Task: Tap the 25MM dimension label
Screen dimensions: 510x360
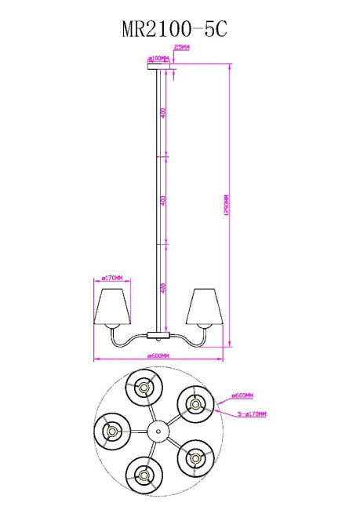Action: [x=181, y=49]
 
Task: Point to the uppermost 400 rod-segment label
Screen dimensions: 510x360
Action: [x=163, y=113]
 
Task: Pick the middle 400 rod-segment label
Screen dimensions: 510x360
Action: [x=163, y=200]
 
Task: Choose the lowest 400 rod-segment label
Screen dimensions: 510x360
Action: [x=163, y=289]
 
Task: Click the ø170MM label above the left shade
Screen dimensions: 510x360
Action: [x=111, y=277]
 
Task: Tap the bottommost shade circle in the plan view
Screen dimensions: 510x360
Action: [x=144, y=474]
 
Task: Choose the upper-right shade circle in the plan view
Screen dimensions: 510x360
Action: [x=195, y=404]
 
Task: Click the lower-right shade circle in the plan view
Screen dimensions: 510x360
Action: [x=195, y=456]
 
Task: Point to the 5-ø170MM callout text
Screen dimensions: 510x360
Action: [x=252, y=413]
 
